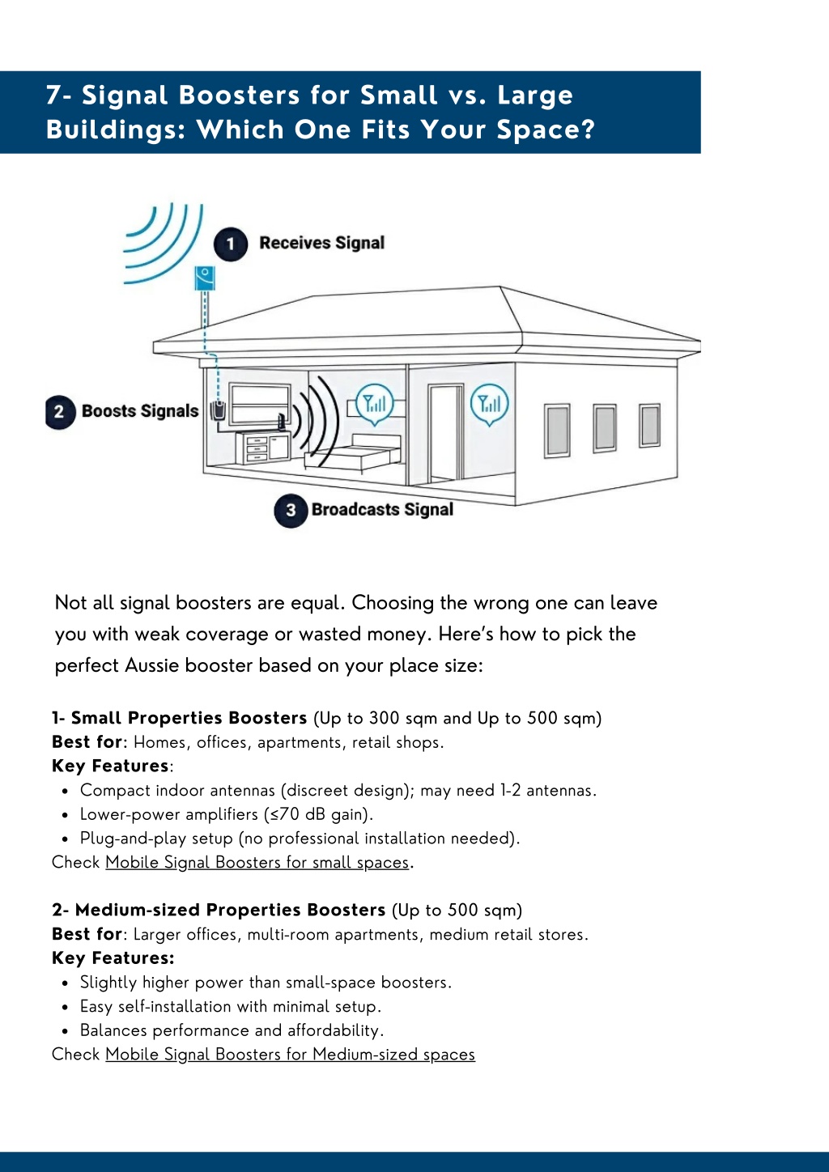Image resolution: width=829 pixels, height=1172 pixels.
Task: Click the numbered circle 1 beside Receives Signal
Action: pos(230,244)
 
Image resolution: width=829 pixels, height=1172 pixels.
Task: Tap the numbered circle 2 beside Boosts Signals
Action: pos(60,412)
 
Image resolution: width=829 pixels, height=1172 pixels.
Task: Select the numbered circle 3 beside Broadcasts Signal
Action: pos(291,511)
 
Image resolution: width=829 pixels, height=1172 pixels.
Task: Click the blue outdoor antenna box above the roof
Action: pos(205,278)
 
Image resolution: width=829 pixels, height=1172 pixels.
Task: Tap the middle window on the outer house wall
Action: pos(605,428)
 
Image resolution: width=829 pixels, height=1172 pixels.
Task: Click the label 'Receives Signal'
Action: pos(322,243)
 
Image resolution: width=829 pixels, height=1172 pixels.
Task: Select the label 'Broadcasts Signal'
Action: pos(382,510)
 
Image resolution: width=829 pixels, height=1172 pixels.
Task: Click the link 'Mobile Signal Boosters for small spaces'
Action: pos(257,862)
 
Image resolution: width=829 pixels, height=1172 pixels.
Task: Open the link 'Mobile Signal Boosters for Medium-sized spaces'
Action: pos(290,1055)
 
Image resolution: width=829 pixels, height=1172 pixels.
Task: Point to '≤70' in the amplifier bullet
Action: pos(285,814)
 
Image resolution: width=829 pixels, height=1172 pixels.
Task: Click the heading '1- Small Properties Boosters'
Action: pos(179,718)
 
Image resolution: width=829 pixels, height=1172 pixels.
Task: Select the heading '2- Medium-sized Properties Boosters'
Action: pos(219,910)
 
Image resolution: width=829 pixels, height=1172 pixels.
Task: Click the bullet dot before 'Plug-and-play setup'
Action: pos(65,839)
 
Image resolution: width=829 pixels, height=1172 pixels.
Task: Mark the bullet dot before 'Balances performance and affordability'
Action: pos(65,1031)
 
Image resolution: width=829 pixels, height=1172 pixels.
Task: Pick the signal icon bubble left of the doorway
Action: pos(375,404)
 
